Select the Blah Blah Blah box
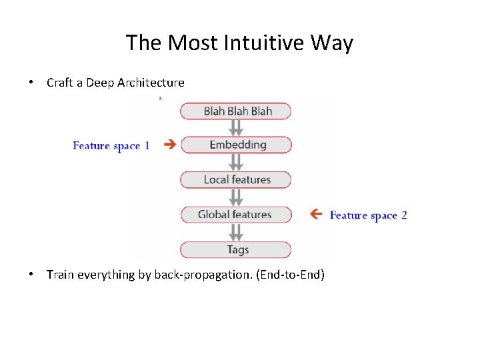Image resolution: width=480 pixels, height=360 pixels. click(237, 111)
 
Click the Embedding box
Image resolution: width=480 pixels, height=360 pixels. click(237, 145)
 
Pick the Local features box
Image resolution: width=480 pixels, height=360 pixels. click(237, 180)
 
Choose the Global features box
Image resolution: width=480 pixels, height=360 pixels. click(237, 215)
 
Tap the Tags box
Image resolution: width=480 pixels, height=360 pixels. click(237, 250)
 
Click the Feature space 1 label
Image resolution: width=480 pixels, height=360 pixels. click(111, 145)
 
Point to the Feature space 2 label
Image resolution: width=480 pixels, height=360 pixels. click(368, 215)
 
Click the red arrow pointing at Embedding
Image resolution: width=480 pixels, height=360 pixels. click(169, 145)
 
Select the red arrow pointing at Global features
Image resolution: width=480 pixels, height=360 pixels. click(316, 214)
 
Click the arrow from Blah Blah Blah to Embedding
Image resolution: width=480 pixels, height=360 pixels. click(235, 128)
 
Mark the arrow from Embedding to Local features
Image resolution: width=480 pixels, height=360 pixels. click(235, 163)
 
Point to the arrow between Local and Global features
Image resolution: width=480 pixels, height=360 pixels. click(235, 197)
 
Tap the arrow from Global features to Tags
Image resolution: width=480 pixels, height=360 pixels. click(235, 232)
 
